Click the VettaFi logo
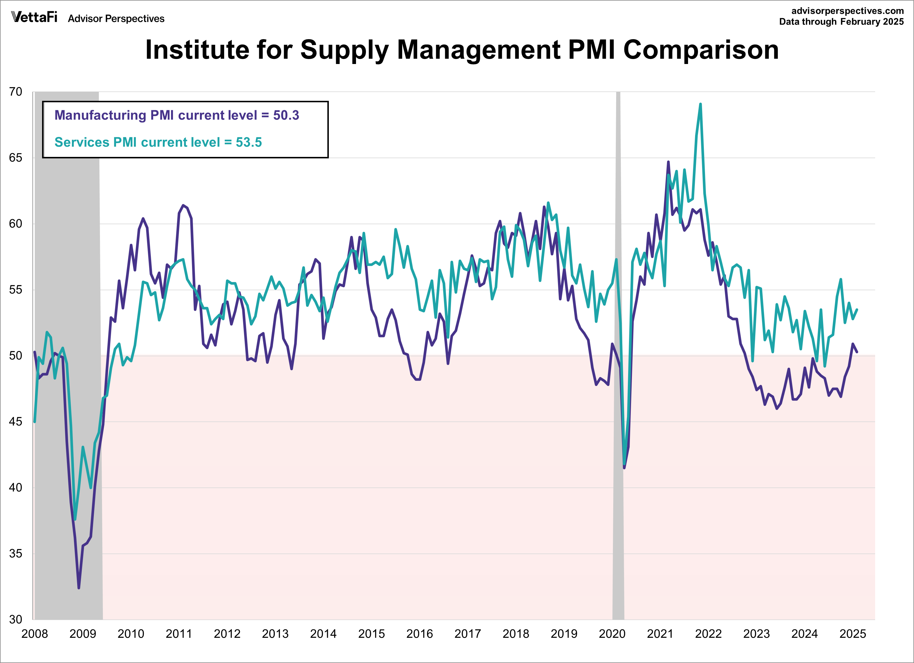click(34, 17)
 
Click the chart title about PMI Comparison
click(462, 50)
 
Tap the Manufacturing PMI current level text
click(177, 115)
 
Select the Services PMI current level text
click(158, 142)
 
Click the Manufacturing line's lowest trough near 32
click(79, 588)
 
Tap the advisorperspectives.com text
click(848, 11)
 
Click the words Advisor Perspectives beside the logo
click(116, 18)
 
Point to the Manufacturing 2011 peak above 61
click(183, 205)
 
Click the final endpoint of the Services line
click(857, 310)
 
